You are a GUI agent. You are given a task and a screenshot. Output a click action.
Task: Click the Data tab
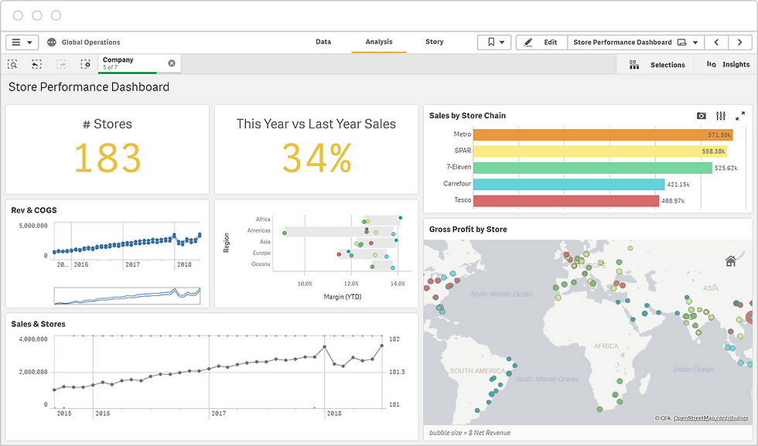point(323,43)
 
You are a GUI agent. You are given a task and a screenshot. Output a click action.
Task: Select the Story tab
point(434,43)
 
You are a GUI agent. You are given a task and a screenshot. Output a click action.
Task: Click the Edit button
point(541,43)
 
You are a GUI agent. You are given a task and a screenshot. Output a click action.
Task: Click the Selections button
point(658,65)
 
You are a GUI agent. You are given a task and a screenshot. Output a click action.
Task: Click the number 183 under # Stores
point(108,158)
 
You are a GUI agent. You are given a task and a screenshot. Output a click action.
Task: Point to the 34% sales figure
point(316,158)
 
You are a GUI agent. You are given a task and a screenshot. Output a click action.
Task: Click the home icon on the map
point(730,261)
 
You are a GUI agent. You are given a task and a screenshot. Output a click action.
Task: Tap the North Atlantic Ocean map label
point(502,294)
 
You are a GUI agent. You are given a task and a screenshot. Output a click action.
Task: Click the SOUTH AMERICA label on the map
point(478,371)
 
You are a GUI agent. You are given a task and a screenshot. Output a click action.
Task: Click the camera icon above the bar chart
point(701,116)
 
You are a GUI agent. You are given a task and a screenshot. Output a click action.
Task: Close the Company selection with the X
point(172,63)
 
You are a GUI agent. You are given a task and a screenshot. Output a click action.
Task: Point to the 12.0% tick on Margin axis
point(350,284)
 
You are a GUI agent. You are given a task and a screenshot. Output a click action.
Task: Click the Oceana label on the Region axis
point(261,264)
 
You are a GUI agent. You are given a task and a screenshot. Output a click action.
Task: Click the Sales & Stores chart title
point(38,324)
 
